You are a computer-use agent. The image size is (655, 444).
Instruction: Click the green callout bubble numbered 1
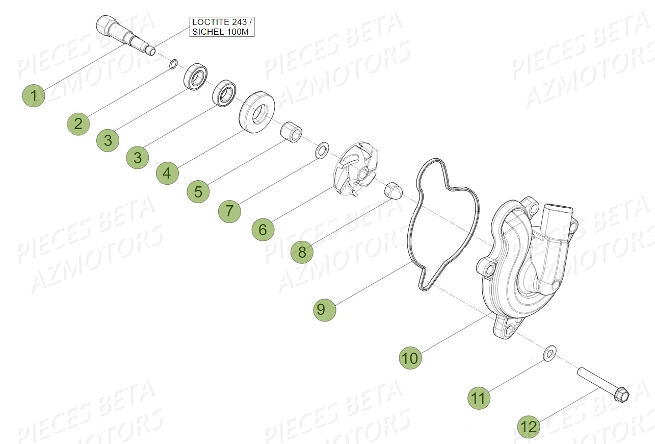click(34, 95)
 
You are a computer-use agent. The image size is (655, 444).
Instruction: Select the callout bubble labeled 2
click(78, 124)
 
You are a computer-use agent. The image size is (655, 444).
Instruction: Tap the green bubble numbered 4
click(167, 174)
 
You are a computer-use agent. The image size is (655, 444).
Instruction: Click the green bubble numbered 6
click(263, 230)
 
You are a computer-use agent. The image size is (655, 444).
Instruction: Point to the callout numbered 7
click(229, 211)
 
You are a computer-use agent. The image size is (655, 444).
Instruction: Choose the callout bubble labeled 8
click(302, 252)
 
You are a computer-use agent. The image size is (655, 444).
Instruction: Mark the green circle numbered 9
click(325, 309)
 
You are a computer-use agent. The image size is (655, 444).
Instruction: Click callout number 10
click(410, 358)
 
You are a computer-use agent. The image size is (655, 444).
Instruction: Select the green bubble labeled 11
click(479, 398)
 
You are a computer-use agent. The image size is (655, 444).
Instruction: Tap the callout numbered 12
click(530, 426)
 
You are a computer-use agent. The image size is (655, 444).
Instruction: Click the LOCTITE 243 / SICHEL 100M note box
click(222, 27)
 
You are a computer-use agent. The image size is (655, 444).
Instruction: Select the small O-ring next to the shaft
click(173, 64)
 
